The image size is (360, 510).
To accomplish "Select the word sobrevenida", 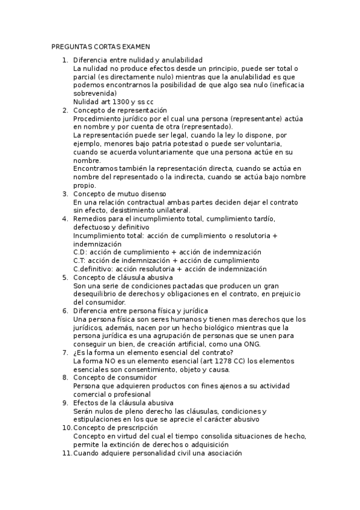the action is click(x=93, y=94).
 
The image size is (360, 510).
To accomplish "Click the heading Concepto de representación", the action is click(x=120, y=111).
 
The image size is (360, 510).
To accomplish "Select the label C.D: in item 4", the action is click(x=80, y=252).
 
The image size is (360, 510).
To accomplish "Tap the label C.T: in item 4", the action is click(x=80, y=260).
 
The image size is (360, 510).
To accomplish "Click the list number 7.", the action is click(x=65, y=352).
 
